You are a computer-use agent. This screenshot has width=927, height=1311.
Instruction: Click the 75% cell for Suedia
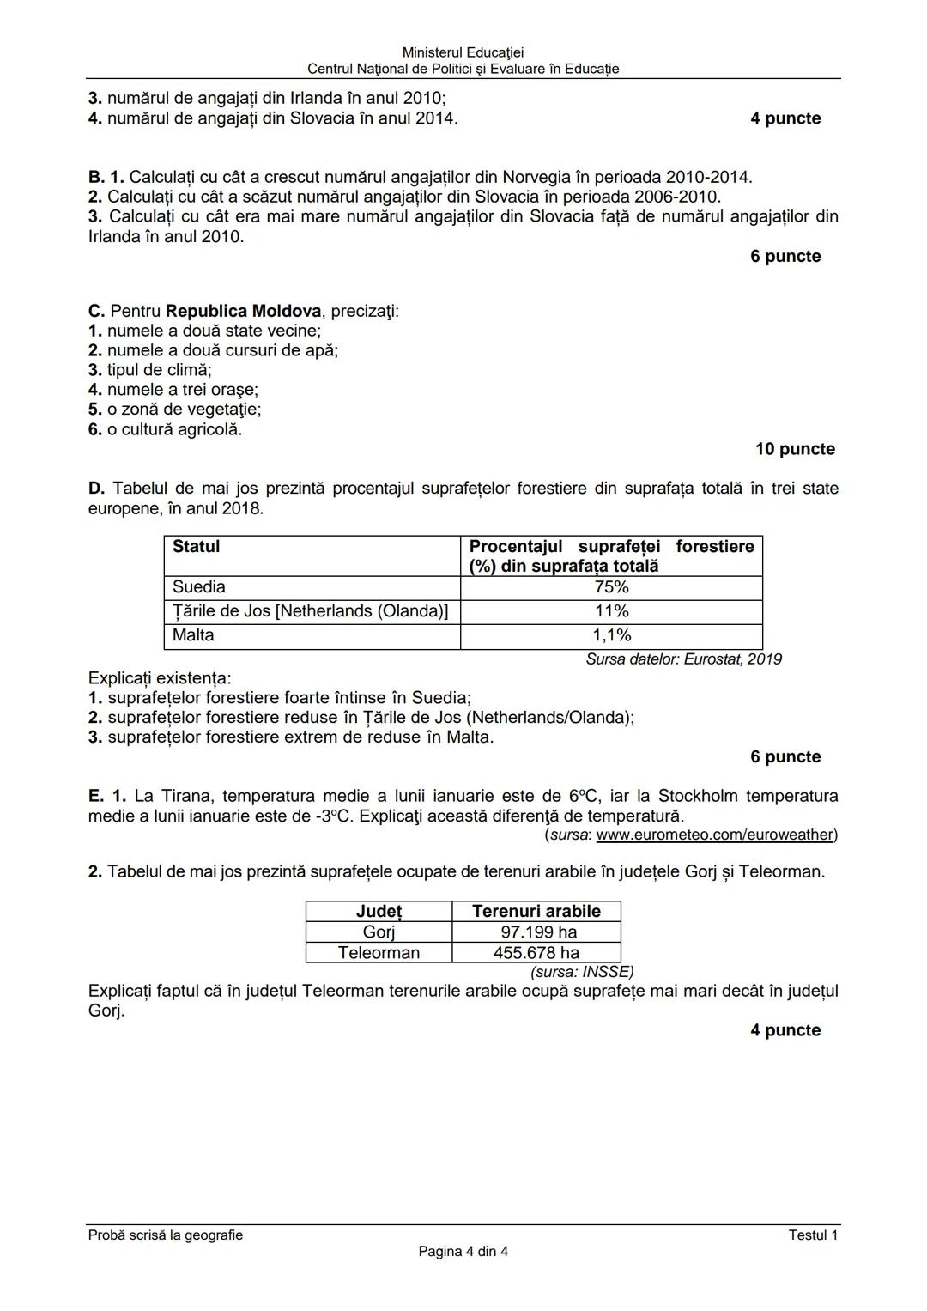(x=611, y=587)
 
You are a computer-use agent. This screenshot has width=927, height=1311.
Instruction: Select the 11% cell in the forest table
(x=611, y=611)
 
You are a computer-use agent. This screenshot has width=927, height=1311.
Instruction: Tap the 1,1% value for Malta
(x=611, y=635)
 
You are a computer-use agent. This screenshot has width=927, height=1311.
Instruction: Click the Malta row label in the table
(x=193, y=635)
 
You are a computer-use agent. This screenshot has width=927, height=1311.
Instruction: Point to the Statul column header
(x=197, y=547)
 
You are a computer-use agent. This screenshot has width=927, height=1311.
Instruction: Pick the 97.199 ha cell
(x=538, y=932)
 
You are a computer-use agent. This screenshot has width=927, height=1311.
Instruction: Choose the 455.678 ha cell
(x=536, y=953)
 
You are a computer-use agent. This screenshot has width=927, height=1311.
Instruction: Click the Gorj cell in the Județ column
(x=379, y=932)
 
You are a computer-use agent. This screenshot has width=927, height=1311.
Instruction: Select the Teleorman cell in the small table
(x=379, y=953)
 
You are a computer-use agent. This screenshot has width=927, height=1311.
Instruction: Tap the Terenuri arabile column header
(x=536, y=912)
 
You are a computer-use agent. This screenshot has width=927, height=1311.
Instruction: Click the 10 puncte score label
(x=795, y=449)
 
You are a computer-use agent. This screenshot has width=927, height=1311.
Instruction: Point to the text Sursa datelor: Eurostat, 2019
(x=683, y=659)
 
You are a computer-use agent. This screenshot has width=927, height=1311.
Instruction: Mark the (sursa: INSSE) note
(x=582, y=972)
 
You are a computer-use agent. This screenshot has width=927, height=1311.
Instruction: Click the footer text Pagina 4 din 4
(x=463, y=1252)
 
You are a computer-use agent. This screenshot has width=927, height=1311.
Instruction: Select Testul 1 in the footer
(x=813, y=1235)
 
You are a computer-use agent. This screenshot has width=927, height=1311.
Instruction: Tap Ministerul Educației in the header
(x=463, y=53)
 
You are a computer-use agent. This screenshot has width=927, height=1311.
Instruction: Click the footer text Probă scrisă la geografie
(x=166, y=1235)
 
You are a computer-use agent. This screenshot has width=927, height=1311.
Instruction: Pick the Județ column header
(x=379, y=912)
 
